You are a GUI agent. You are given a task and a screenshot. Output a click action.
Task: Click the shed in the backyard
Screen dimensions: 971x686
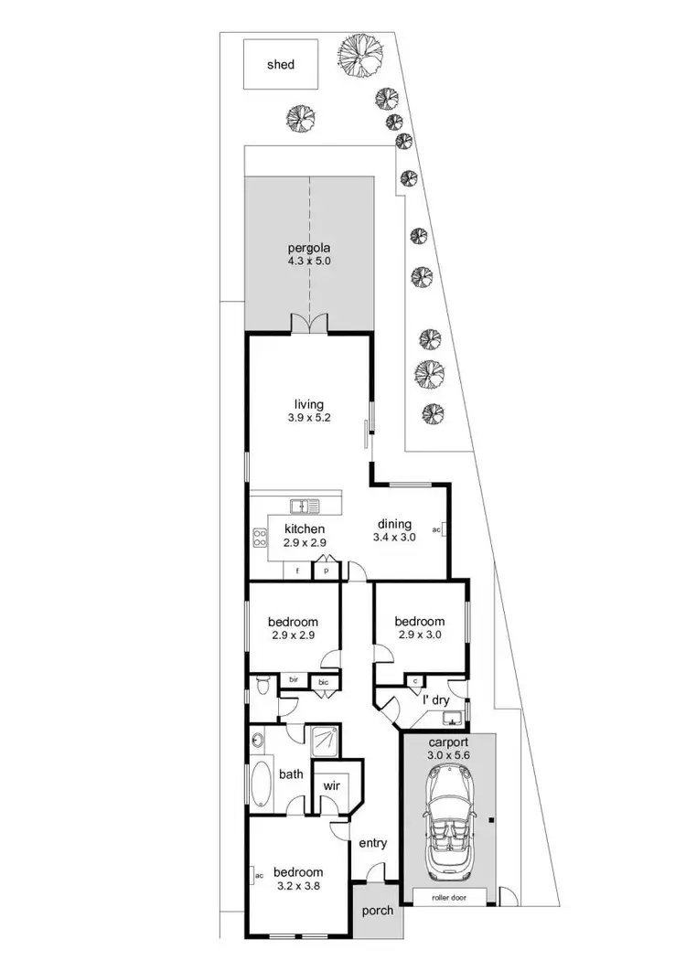280,64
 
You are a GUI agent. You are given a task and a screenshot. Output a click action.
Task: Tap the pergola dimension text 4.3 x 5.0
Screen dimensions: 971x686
307,261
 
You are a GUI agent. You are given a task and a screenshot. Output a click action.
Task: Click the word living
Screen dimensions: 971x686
307,403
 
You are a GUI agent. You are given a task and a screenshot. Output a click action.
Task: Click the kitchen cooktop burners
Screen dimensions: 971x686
260,539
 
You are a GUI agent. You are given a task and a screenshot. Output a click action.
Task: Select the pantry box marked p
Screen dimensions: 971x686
326,571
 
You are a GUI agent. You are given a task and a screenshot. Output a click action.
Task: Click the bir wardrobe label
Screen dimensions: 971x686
295,680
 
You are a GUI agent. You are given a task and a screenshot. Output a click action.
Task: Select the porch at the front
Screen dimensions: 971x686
376,910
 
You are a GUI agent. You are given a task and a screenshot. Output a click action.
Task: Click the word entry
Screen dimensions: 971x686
372,842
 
